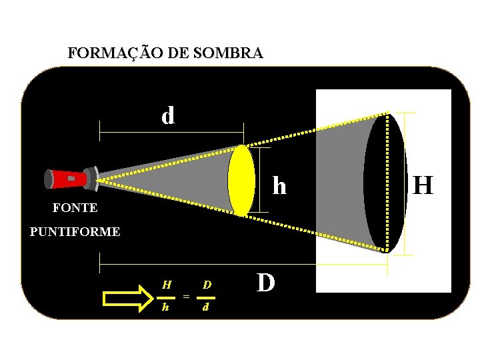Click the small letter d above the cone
point(168,116)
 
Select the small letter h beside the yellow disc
point(279,186)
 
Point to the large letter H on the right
point(423,185)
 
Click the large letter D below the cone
point(265,283)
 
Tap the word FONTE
point(75,208)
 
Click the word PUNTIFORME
point(75,232)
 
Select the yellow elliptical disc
point(241,180)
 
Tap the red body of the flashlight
point(71,179)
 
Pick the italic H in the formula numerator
point(167,285)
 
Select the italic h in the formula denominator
point(166,307)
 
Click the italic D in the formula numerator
point(207,285)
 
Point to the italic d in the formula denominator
point(206,307)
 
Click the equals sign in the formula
point(186,296)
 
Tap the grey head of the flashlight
point(91,176)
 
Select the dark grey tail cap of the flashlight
point(49,179)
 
